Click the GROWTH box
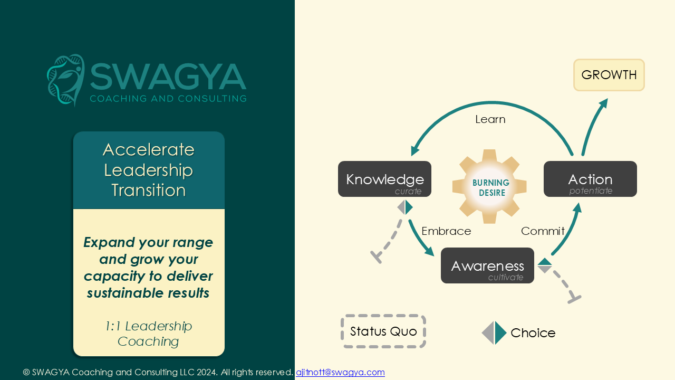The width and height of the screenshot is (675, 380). point(609,75)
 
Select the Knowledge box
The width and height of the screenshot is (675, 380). point(384,179)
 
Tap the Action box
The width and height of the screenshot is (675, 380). point(590,179)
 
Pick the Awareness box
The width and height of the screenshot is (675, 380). point(487,265)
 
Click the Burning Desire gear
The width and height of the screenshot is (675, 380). point(490,187)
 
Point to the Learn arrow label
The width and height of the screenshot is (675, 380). point(490,119)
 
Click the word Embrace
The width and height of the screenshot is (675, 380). point(446,231)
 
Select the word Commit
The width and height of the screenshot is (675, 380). point(543,231)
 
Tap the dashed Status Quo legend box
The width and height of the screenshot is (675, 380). point(383,331)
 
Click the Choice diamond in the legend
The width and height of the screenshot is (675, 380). point(494,333)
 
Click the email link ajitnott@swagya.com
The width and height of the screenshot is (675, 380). point(340,373)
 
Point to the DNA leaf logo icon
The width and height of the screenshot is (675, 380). point(66,80)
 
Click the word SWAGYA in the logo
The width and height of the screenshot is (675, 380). point(168,77)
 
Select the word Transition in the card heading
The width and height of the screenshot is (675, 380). point(149,191)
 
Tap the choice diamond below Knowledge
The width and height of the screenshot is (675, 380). point(404,207)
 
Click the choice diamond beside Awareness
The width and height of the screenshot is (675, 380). point(545,265)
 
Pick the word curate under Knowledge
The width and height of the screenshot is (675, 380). point(408,191)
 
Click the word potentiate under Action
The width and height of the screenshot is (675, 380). point(591,191)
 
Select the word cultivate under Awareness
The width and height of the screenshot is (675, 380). point(506,278)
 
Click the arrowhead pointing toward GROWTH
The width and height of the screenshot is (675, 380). point(603,103)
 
